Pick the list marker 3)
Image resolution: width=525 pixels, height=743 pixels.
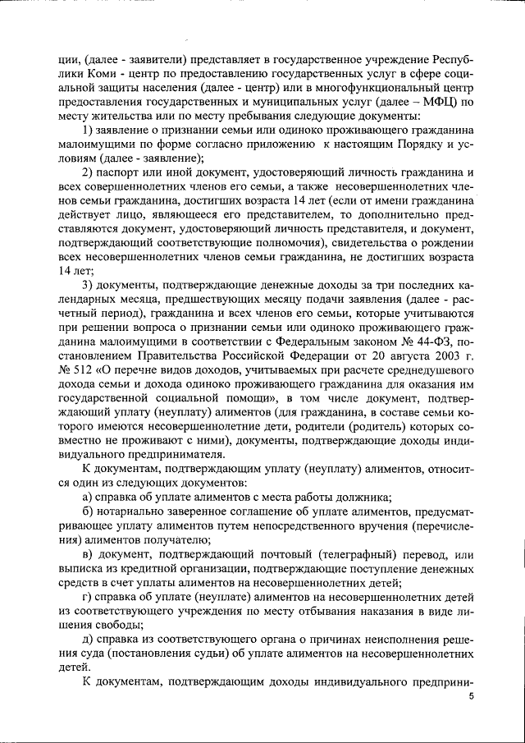coord(91,287)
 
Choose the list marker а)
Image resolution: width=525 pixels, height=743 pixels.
coord(89,498)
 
